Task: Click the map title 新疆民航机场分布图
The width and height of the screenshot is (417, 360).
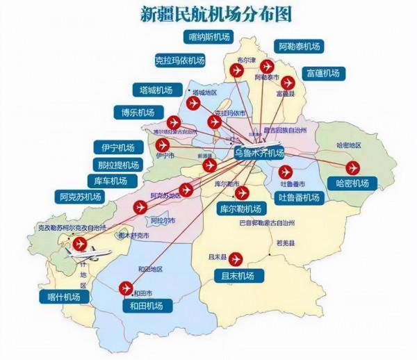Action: tap(215, 13)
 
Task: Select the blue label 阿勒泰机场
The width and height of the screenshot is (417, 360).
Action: tap(299, 47)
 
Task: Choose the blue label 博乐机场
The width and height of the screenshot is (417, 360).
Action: tap(137, 113)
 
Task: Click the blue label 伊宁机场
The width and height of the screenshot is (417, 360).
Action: tap(117, 147)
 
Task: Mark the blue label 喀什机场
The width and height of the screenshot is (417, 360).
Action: tap(64, 297)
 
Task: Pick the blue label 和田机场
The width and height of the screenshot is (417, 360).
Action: tap(146, 306)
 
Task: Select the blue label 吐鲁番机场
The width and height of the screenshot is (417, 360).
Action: tap(299, 197)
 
